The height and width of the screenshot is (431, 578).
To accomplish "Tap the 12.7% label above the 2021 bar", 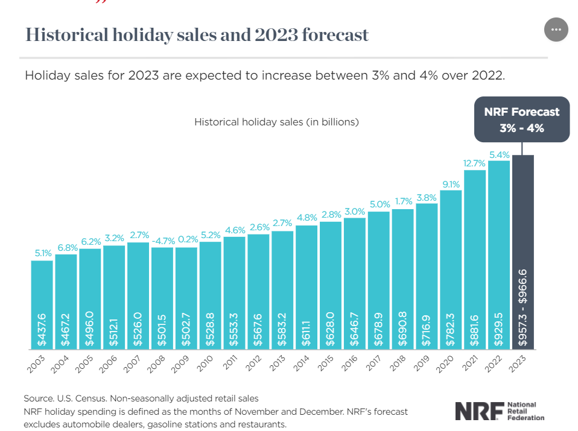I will click(x=475, y=163).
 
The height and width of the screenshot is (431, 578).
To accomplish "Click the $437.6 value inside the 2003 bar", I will click(x=42, y=329).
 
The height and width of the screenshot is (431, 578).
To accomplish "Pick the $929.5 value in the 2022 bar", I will click(x=499, y=329).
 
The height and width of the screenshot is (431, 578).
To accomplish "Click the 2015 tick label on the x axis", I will click(x=328, y=362).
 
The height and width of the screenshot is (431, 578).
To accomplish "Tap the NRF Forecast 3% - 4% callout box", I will click(x=521, y=119).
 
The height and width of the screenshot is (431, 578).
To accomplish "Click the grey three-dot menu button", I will click(x=556, y=30).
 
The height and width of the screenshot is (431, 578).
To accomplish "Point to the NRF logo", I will click(x=500, y=411).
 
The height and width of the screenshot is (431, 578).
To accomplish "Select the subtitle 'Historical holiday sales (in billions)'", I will click(x=276, y=122).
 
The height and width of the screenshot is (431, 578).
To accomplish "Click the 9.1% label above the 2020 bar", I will click(x=451, y=184).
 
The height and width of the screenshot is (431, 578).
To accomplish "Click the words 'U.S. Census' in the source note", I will click(x=79, y=399).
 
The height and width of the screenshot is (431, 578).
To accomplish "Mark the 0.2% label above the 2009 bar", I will click(x=186, y=240).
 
